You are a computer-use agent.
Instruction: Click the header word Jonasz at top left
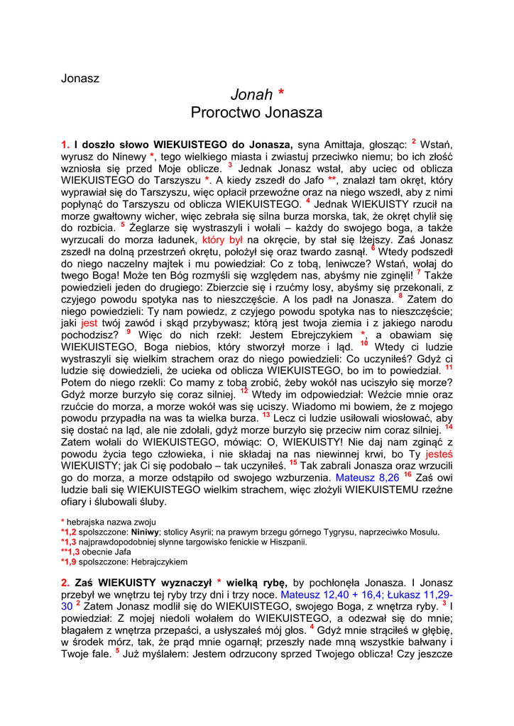click(x=80, y=78)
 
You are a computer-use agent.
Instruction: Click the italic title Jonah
click(x=251, y=94)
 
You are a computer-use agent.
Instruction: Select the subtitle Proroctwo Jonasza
click(x=256, y=112)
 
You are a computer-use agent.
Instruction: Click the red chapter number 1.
click(x=65, y=144)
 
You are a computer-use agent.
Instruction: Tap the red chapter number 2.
click(x=65, y=582)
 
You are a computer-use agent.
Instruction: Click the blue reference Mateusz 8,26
click(x=367, y=477)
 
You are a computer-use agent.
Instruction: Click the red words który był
click(x=224, y=240)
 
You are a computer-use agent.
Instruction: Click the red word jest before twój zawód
click(x=89, y=321)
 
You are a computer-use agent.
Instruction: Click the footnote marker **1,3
click(x=70, y=552)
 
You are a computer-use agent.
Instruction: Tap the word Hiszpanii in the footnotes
click(x=287, y=542)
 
